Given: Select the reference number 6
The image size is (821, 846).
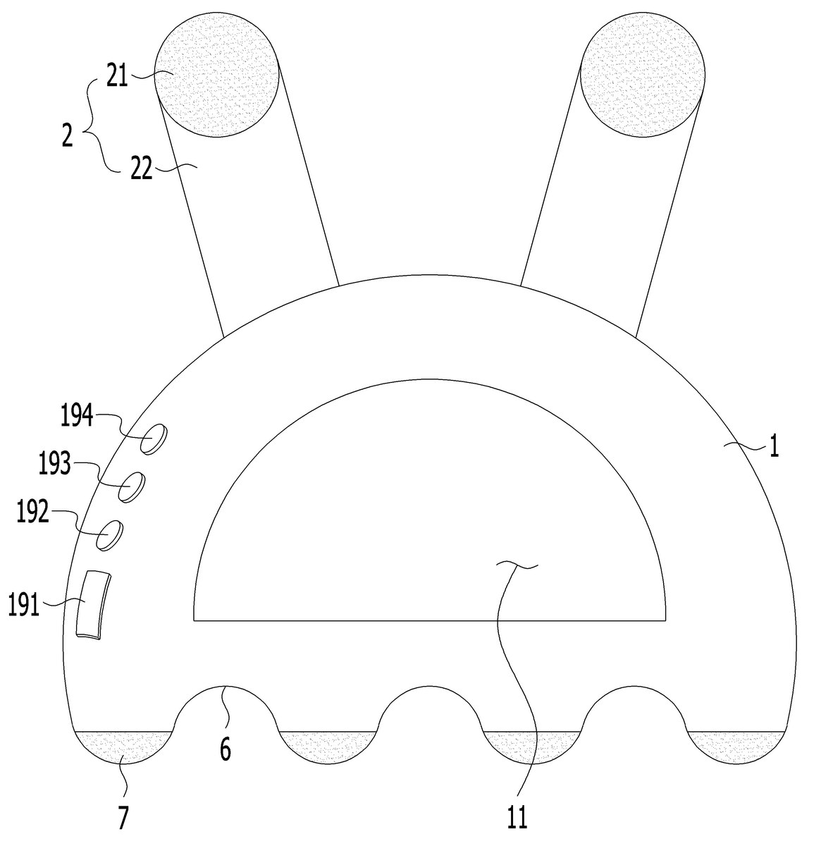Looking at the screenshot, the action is click(225, 749).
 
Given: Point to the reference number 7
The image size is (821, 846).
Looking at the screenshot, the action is click(123, 817).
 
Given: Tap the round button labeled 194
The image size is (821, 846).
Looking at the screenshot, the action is click(154, 439).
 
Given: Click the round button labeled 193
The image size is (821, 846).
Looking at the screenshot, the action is click(132, 487).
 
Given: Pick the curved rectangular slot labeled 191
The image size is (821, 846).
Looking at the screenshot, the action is click(93, 605).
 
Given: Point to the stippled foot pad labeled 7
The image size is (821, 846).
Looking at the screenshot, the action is click(123, 748).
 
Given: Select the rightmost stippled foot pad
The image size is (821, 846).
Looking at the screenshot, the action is click(736, 748).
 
